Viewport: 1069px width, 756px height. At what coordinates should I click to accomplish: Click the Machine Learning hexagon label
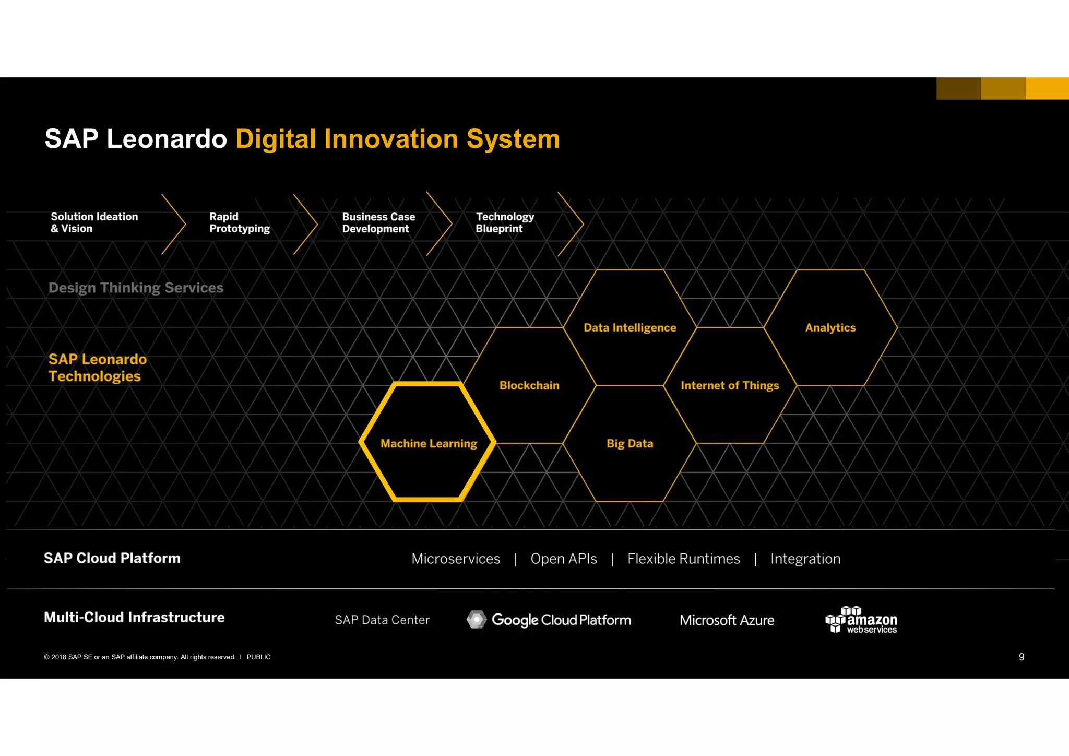tap(429, 443)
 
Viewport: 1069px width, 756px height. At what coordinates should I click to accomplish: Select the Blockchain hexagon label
tap(529, 385)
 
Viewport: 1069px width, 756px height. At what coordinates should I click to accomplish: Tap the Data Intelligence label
tap(629, 327)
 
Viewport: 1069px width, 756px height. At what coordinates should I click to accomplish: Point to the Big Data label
tap(629, 443)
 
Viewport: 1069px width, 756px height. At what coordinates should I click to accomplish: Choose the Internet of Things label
tap(729, 385)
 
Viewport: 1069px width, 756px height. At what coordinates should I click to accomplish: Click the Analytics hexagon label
tap(830, 327)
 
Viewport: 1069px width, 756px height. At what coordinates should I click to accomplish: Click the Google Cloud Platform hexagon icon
tap(476, 619)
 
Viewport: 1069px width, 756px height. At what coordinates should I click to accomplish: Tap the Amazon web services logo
tap(861, 620)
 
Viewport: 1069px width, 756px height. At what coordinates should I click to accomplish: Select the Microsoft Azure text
tap(727, 620)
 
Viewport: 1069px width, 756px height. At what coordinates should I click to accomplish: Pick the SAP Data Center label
tap(382, 620)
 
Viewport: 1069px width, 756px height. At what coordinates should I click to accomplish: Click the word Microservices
tap(456, 559)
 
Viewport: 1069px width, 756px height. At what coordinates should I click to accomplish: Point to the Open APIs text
tap(564, 559)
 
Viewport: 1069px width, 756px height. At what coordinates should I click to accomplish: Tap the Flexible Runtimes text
tap(683, 559)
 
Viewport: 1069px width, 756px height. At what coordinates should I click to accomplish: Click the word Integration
tap(805, 559)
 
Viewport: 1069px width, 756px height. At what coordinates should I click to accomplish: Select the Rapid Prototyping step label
tap(239, 222)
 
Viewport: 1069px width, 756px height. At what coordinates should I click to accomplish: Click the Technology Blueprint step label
tap(504, 222)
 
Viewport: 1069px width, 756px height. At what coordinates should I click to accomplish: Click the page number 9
tap(1022, 657)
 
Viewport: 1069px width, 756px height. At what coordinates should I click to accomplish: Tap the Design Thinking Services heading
tap(136, 288)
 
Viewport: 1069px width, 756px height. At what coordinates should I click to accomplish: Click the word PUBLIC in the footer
tap(258, 657)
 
